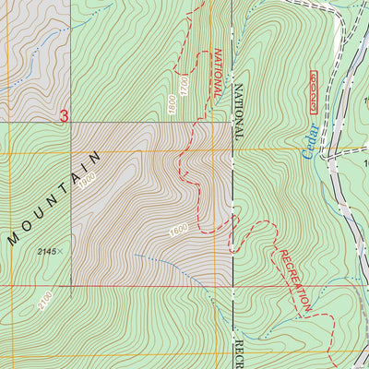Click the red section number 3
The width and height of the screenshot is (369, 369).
[64, 116]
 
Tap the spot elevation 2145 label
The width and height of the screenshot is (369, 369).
[51, 251]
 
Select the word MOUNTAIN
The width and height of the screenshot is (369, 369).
[54, 199]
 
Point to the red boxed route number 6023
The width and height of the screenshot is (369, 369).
[311, 90]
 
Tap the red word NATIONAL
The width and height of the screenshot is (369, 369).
[217, 74]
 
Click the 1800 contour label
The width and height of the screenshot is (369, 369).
[172, 101]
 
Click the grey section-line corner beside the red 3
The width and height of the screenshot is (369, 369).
[71, 123]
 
